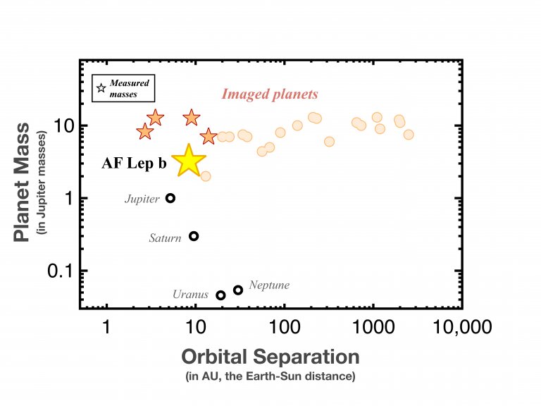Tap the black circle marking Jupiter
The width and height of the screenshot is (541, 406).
tap(170, 198)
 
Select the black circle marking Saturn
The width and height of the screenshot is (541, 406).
tap(194, 236)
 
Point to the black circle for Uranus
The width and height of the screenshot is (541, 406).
tap(220, 295)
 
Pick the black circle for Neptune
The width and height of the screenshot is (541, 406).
tap(238, 290)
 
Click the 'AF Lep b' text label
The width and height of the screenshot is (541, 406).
tap(134, 164)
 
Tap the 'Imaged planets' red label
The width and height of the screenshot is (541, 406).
tap(270, 94)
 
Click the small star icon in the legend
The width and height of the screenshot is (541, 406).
tap(101, 88)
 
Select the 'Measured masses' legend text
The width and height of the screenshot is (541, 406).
tap(128, 88)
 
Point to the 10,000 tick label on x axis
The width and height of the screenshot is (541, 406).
tap(462, 328)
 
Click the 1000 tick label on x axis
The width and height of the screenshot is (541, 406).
tap(373, 328)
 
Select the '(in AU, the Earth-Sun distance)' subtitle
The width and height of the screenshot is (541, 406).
tap(271, 376)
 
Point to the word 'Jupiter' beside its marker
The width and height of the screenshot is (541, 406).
tap(142, 199)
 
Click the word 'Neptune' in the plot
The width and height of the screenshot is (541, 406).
tap(269, 285)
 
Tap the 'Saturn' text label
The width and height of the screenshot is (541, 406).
tap(165, 238)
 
